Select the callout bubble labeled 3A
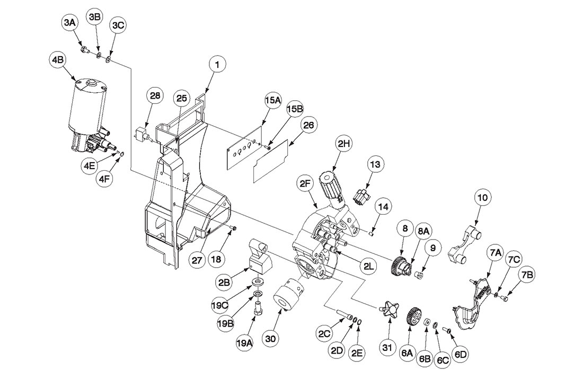(x=69, y=23)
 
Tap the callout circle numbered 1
(x=217, y=65)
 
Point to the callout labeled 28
(x=155, y=95)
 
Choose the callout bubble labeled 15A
(x=273, y=100)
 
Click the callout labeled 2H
(x=344, y=144)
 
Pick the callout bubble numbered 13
(x=376, y=164)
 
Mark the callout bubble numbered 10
(x=482, y=198)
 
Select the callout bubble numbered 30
(x=270, y=339)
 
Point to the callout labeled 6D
(x=460, y=354)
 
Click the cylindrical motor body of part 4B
(x=86, y=105)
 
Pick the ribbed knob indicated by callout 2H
(x=332, y=186)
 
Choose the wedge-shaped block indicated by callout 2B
(x=260, y=255)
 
